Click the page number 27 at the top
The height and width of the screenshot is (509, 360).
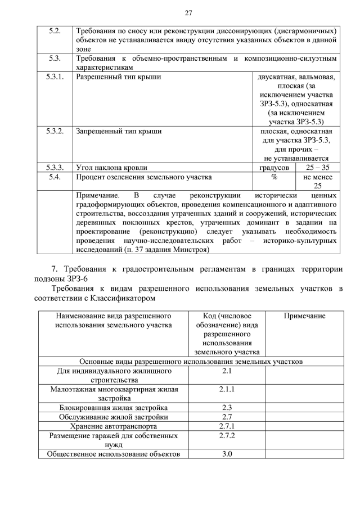pos(188,13)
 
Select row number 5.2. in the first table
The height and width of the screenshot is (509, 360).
pos(55,30)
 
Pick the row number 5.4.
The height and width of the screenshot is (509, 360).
pos(55,177)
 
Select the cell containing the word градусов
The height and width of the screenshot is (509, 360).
pos(274,168)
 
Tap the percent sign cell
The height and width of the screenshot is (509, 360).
pos(274,177)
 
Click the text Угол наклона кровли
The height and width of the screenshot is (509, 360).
pos(112,168)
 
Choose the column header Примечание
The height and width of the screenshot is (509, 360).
pos(304,316)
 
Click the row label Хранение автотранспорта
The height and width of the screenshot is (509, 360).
pos(114,426)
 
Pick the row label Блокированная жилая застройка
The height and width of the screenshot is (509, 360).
pos(114,407)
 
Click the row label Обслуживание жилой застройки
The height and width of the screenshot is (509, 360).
pos(114,417)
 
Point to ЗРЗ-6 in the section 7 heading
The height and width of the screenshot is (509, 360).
pos(76,278)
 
